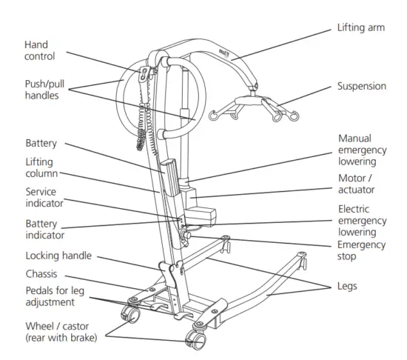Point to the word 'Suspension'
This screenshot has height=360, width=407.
pos(363,87)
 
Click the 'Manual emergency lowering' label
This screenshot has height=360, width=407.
pos(363,150)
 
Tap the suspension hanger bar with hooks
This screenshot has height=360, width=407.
pos(251,108)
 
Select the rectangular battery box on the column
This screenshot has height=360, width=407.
pos(169,181)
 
